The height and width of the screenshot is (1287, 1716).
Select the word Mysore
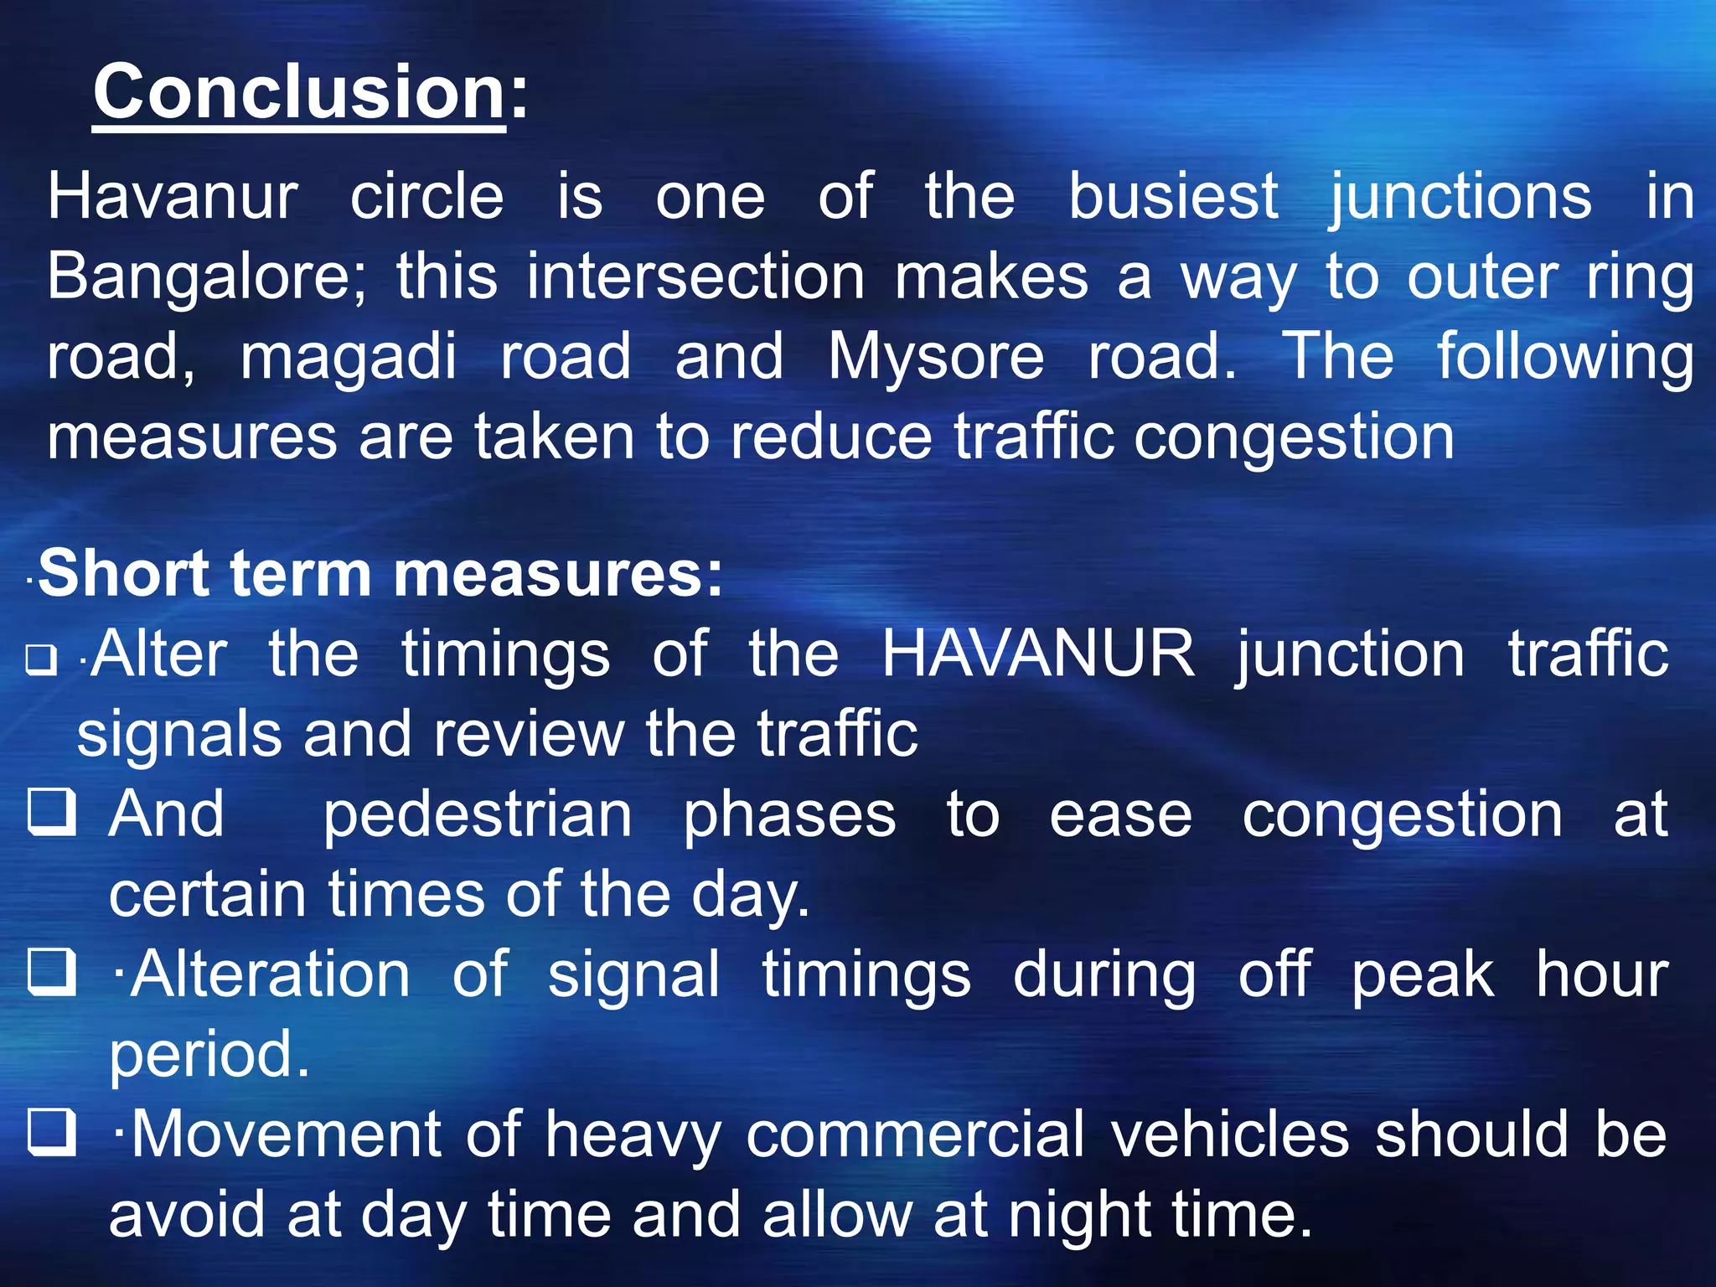click(x=936, y=357)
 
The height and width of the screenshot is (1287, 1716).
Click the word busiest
click(x=1173, y=198)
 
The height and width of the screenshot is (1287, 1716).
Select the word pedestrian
click(x=478, y=815)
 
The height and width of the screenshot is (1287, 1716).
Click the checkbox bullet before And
click(x=52, y=812)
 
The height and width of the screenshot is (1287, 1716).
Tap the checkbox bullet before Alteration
click(x=52, y=971)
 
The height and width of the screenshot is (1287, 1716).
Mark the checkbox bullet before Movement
click(x=52, y=1131)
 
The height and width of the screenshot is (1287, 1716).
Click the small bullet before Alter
click(x=41, y=659)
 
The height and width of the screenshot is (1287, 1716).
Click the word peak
click(x=1422, y=976)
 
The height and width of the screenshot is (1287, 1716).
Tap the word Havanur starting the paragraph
click(x=172, y=198)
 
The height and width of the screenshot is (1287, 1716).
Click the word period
click(x=209, y=1056)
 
